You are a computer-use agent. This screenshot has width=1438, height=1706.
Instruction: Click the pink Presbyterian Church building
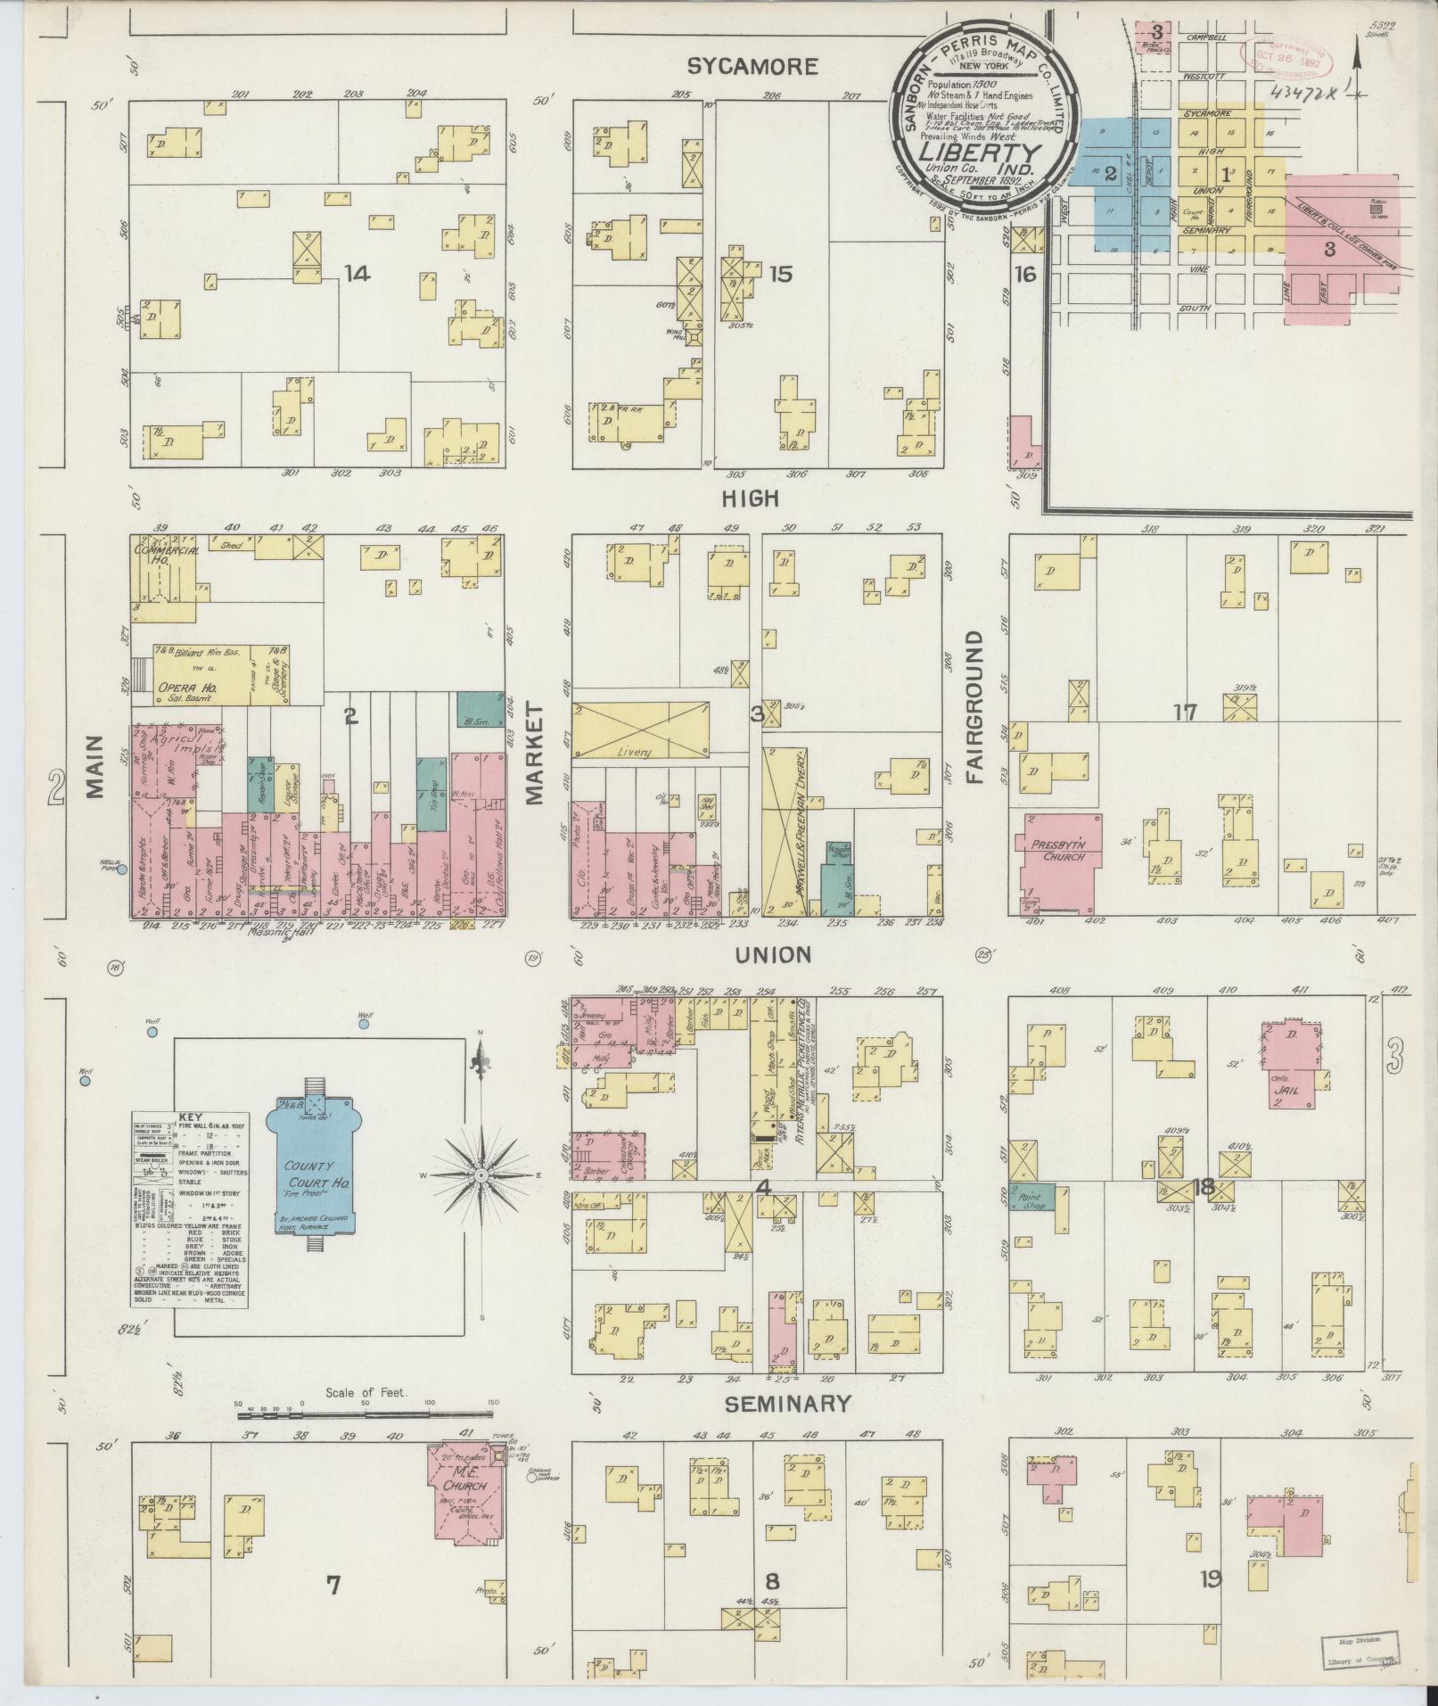pos(1059,857)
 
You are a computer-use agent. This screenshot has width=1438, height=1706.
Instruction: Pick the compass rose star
pos(481,1175)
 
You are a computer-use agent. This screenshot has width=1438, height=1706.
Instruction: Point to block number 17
pos(1185,712)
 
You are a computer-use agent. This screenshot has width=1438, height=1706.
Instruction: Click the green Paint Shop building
pos(1031,1197)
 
